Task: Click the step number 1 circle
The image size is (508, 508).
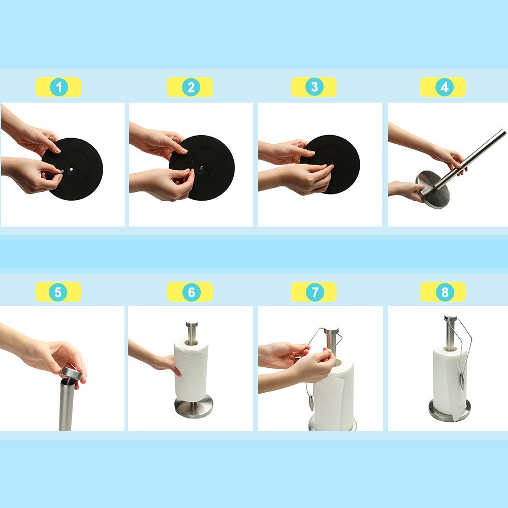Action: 59,87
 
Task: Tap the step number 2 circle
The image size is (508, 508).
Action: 191,87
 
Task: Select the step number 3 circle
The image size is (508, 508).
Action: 314,86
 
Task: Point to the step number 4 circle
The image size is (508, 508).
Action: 444,87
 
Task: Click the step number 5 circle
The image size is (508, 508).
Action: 58,292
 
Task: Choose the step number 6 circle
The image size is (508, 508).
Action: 191,292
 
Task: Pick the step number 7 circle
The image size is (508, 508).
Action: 314,292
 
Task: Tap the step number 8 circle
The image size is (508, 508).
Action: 445,292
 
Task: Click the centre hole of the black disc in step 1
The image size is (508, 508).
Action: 71,169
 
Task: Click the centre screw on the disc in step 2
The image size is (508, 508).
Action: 202,168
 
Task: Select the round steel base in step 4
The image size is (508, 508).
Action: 432,190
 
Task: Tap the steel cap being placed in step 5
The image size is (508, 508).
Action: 71,373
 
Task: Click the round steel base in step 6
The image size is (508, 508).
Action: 194,406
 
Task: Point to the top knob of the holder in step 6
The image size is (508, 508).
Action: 192,324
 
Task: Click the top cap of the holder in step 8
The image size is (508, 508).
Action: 451,317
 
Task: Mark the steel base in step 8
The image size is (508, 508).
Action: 450,411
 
